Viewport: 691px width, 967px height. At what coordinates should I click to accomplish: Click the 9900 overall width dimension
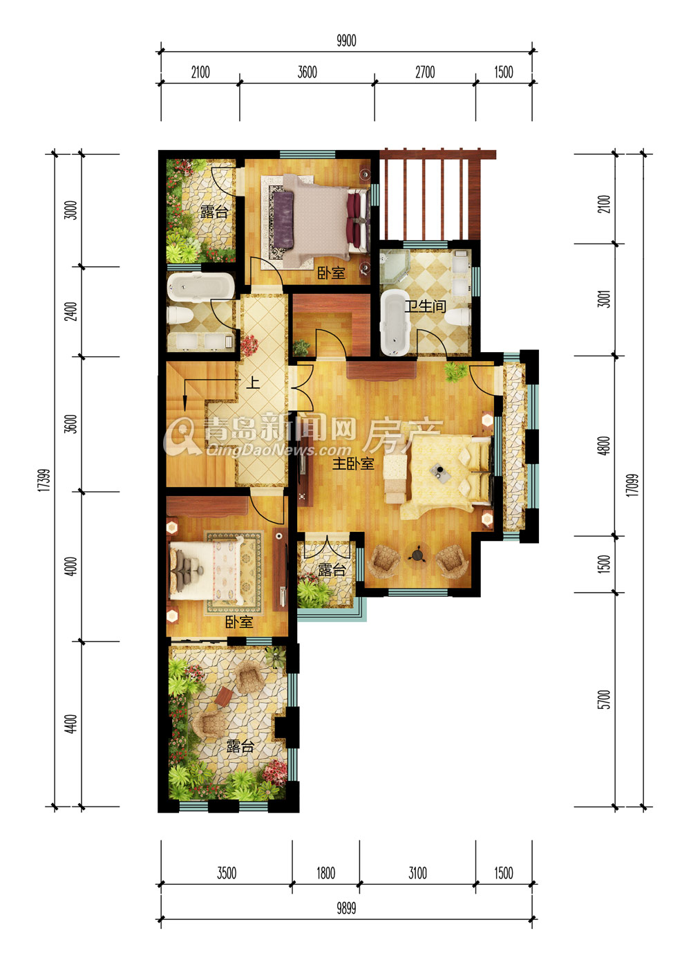coord(346,41)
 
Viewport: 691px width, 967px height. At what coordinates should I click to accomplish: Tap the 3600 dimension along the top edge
coord(307,72)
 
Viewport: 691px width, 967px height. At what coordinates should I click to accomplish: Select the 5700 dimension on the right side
coord(605,699)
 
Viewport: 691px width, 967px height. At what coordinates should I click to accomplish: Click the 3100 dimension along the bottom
coord(417,873)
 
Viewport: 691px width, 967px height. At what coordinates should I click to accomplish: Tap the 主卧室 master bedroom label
coord(353,463)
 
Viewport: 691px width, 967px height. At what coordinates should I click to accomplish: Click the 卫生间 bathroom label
coord(424,306)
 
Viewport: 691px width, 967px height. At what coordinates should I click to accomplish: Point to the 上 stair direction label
coord(253,383)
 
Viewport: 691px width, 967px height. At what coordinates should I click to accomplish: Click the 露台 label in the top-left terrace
coord(214,212)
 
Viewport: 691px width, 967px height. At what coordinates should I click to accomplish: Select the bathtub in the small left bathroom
coord(200,286)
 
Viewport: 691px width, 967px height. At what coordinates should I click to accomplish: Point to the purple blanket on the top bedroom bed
coord(283,220)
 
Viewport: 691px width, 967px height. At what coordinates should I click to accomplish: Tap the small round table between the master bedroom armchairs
coord(417,555)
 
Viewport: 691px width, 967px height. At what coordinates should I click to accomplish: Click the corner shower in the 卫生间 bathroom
coord(395,266)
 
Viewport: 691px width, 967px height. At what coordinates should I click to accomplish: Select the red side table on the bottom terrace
coord(225,696)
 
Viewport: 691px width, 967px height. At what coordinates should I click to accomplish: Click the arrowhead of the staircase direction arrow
coord(184,405)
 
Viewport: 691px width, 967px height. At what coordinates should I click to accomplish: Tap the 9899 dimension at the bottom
coord(346,908)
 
